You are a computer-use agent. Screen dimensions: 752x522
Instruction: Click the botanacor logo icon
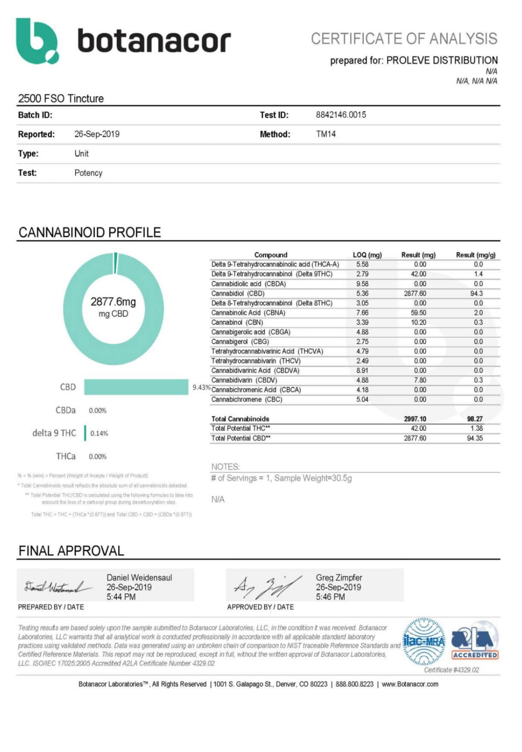coord(37,41)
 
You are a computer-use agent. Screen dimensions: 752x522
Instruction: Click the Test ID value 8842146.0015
coord(341,115)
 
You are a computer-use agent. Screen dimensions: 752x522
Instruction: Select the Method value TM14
coord(326,134)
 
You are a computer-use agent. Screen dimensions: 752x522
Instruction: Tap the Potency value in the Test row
coord(88,173)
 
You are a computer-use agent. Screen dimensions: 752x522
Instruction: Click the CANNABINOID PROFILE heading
coord(89,233)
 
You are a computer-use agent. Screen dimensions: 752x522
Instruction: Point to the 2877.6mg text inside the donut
coord(113,302)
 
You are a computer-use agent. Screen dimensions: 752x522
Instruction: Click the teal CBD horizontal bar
coord(136,387)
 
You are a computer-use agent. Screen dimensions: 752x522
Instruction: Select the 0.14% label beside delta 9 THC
coord(99,433)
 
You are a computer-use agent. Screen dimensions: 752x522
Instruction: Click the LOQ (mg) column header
coord(367,255)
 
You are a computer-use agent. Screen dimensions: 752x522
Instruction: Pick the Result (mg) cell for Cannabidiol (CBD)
coord(415,293)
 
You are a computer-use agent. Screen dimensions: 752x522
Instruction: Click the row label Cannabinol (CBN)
coord(237,322)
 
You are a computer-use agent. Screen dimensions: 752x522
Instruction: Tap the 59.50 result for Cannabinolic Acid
coord(418,313)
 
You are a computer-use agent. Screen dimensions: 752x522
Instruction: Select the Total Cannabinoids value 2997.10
coord(415,419)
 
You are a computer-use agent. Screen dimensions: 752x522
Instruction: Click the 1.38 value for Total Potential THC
coord(476,428)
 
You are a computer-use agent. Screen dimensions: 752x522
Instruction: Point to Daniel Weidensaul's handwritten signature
coord(58,587)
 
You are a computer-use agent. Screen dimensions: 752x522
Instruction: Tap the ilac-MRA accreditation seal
coord(424,641)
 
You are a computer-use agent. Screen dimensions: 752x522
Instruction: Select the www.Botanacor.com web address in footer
coord(410,684)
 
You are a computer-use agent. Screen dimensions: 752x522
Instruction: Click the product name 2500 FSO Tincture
coord(61,98)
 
